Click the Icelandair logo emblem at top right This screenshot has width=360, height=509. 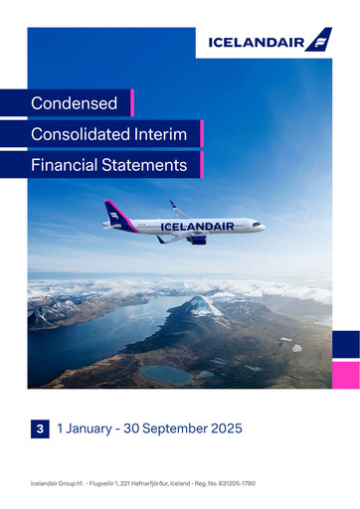pyautogui.click(x=318, y=40)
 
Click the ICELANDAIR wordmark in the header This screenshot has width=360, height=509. pyautogui.click(x=256, y=42)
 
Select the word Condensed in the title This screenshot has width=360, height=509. pyautogui.click(x=74, y=103)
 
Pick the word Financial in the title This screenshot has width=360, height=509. pyautogui.click(x=64, y=165)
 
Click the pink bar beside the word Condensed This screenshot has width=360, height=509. pyautogui.click(x=132, y=103)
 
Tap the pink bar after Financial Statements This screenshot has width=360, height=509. pyautogui.click(x=201, y=165)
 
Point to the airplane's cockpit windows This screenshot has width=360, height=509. pyautogui.click(x=257, y=223)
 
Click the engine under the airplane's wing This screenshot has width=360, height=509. pyautogui.click(x=197, y=239)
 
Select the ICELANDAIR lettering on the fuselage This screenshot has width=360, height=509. pyautogui.click(x=197, y=227)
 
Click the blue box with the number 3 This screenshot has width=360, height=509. pyautogui.click(x=40, y=428)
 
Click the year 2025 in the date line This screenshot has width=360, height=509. pyautogui.click(x=225, y=428)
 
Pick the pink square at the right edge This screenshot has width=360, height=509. pyautogui.click(x=346, y=375)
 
